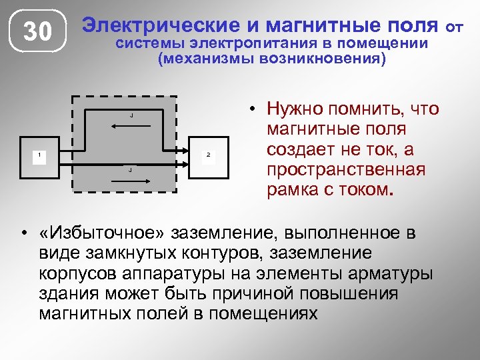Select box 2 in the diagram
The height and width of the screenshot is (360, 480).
(210, 159)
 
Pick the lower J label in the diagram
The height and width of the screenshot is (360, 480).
(130, 171)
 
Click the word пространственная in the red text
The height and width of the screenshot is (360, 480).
(345, 170)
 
